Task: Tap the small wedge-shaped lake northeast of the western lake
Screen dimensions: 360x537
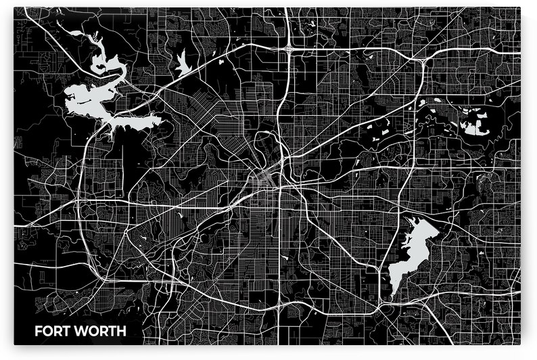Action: coord(182,64)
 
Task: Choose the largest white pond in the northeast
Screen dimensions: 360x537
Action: coord(477,122)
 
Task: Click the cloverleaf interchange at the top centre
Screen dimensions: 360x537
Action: coord(289,48)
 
